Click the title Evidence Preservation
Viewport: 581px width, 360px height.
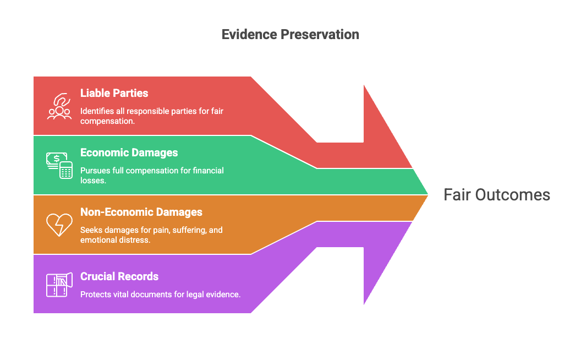pos(290,34)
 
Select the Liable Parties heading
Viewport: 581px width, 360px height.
pos(114,93)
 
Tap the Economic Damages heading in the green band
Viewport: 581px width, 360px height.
pos(129,152)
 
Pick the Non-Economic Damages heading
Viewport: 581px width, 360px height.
pos(141,212)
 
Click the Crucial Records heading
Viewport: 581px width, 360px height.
pos(119,276)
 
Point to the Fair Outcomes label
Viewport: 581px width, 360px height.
pos(496,195)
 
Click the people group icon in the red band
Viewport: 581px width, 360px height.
pos(59,106)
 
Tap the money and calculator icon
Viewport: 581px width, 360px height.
pos(59,165)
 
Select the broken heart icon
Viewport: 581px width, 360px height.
pos(59,225)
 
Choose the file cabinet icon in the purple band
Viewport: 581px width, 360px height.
pos(59,285)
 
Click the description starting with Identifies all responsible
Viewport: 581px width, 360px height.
pos(151,116)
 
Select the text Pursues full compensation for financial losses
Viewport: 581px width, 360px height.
pos(151,176)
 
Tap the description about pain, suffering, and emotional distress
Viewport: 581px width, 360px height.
pos(151,235)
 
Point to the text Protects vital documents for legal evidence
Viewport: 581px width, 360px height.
pos(160,294)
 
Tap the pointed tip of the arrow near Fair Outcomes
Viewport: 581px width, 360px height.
pos(428,195)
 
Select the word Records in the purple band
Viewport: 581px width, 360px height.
pos(139,276)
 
